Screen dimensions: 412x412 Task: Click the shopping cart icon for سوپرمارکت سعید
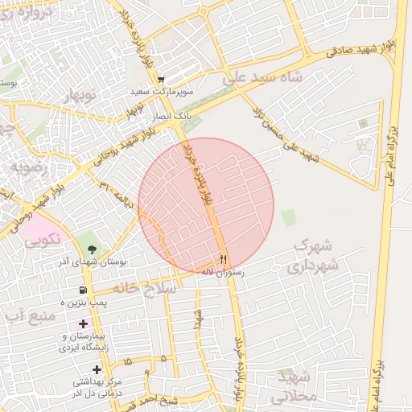pyautogui.click(x=162, y=80)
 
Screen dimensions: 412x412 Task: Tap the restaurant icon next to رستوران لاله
pyautogui.click(x=224, y=259)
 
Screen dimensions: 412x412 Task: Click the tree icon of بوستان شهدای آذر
pyautogui.click(x=91, y=248)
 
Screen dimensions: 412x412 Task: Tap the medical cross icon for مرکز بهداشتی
pyautogui.click(x=98, y=369)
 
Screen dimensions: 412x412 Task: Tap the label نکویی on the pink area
pyautogui.click(x=42, y=240)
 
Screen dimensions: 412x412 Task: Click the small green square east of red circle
pyautogui.click(x=288, y=216)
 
